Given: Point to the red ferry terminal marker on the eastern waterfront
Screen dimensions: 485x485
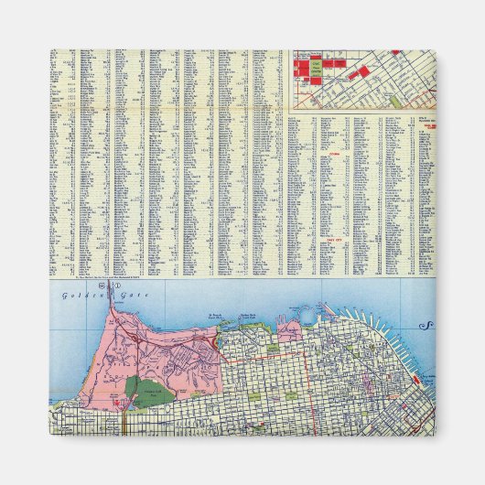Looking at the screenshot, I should (416, 378).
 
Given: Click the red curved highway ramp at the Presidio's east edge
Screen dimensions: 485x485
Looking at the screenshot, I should (216, 340).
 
